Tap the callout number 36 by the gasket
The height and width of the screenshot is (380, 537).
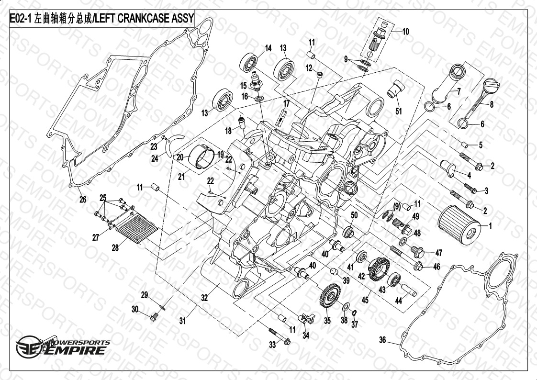tap(382, 340)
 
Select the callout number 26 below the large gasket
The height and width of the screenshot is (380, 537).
tap(83, 200)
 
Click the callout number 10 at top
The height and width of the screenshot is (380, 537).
tap(405, 32)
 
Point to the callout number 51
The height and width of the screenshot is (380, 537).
tap(398, 111)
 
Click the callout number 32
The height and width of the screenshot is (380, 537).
tap(204, 298)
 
